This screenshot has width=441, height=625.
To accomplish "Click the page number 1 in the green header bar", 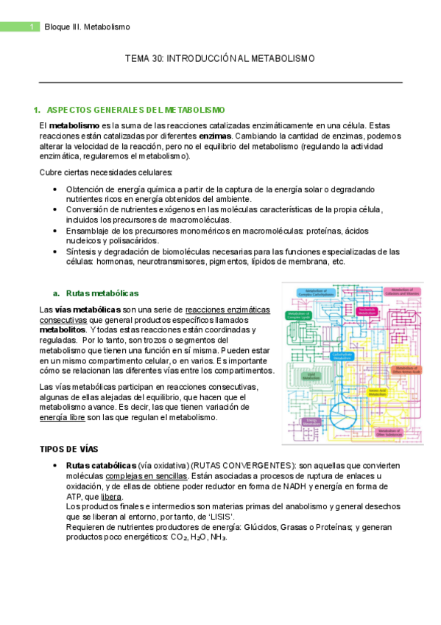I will point(32,27).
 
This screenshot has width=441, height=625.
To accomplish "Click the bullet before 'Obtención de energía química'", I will point(56,189).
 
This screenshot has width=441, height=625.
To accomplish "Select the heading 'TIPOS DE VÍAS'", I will point(68,449).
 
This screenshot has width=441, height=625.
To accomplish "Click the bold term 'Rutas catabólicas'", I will point(101,465).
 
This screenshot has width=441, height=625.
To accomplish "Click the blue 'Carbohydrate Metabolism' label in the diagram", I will point(339,355).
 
